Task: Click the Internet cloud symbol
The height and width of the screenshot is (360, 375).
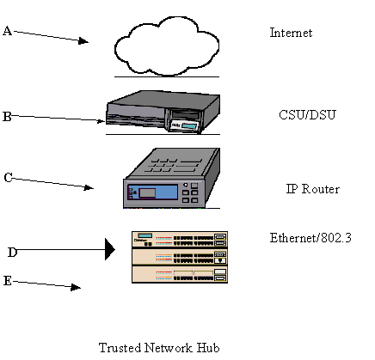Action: pos(167,46)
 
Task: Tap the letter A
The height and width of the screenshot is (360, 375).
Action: pos(8,31)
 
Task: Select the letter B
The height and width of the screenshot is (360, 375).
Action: pos(7,117)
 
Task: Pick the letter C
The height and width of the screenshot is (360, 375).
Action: pos(9,178)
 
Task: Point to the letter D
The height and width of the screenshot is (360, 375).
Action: pos(12,253)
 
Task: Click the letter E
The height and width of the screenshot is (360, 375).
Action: pos(8,281)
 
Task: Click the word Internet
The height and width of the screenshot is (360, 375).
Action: pos(291,33)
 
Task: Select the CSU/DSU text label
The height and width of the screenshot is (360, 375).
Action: pos(307,115)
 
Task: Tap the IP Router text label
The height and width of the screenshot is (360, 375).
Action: pos(313,189)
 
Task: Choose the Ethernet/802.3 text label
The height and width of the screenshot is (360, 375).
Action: pos(310,238)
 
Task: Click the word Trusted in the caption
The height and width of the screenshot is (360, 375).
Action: pos(120,348)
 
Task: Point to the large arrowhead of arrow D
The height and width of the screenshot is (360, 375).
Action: pos(110,249)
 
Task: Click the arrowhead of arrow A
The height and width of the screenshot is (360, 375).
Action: pos(83,41)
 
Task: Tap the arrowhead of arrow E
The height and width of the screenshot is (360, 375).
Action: pos(76,287)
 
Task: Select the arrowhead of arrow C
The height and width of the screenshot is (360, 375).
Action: pos(89,187)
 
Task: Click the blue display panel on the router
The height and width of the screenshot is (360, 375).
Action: pos(153,192)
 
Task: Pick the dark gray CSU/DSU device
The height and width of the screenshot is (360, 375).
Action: pos(163,112)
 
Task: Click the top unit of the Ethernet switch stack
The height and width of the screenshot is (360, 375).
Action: pos(180,239)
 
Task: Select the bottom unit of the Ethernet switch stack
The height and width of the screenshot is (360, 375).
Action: pos(180,275)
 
